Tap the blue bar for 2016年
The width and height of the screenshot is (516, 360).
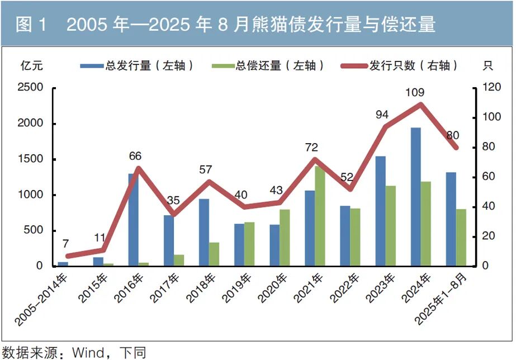[x=133, y=220]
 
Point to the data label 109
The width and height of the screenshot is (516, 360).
[x=415, y=92]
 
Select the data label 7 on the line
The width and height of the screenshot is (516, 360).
[x=65, y=244]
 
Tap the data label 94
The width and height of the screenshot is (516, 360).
[x=382, y=115]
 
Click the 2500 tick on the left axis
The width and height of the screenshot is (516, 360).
[x=31, y=88]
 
